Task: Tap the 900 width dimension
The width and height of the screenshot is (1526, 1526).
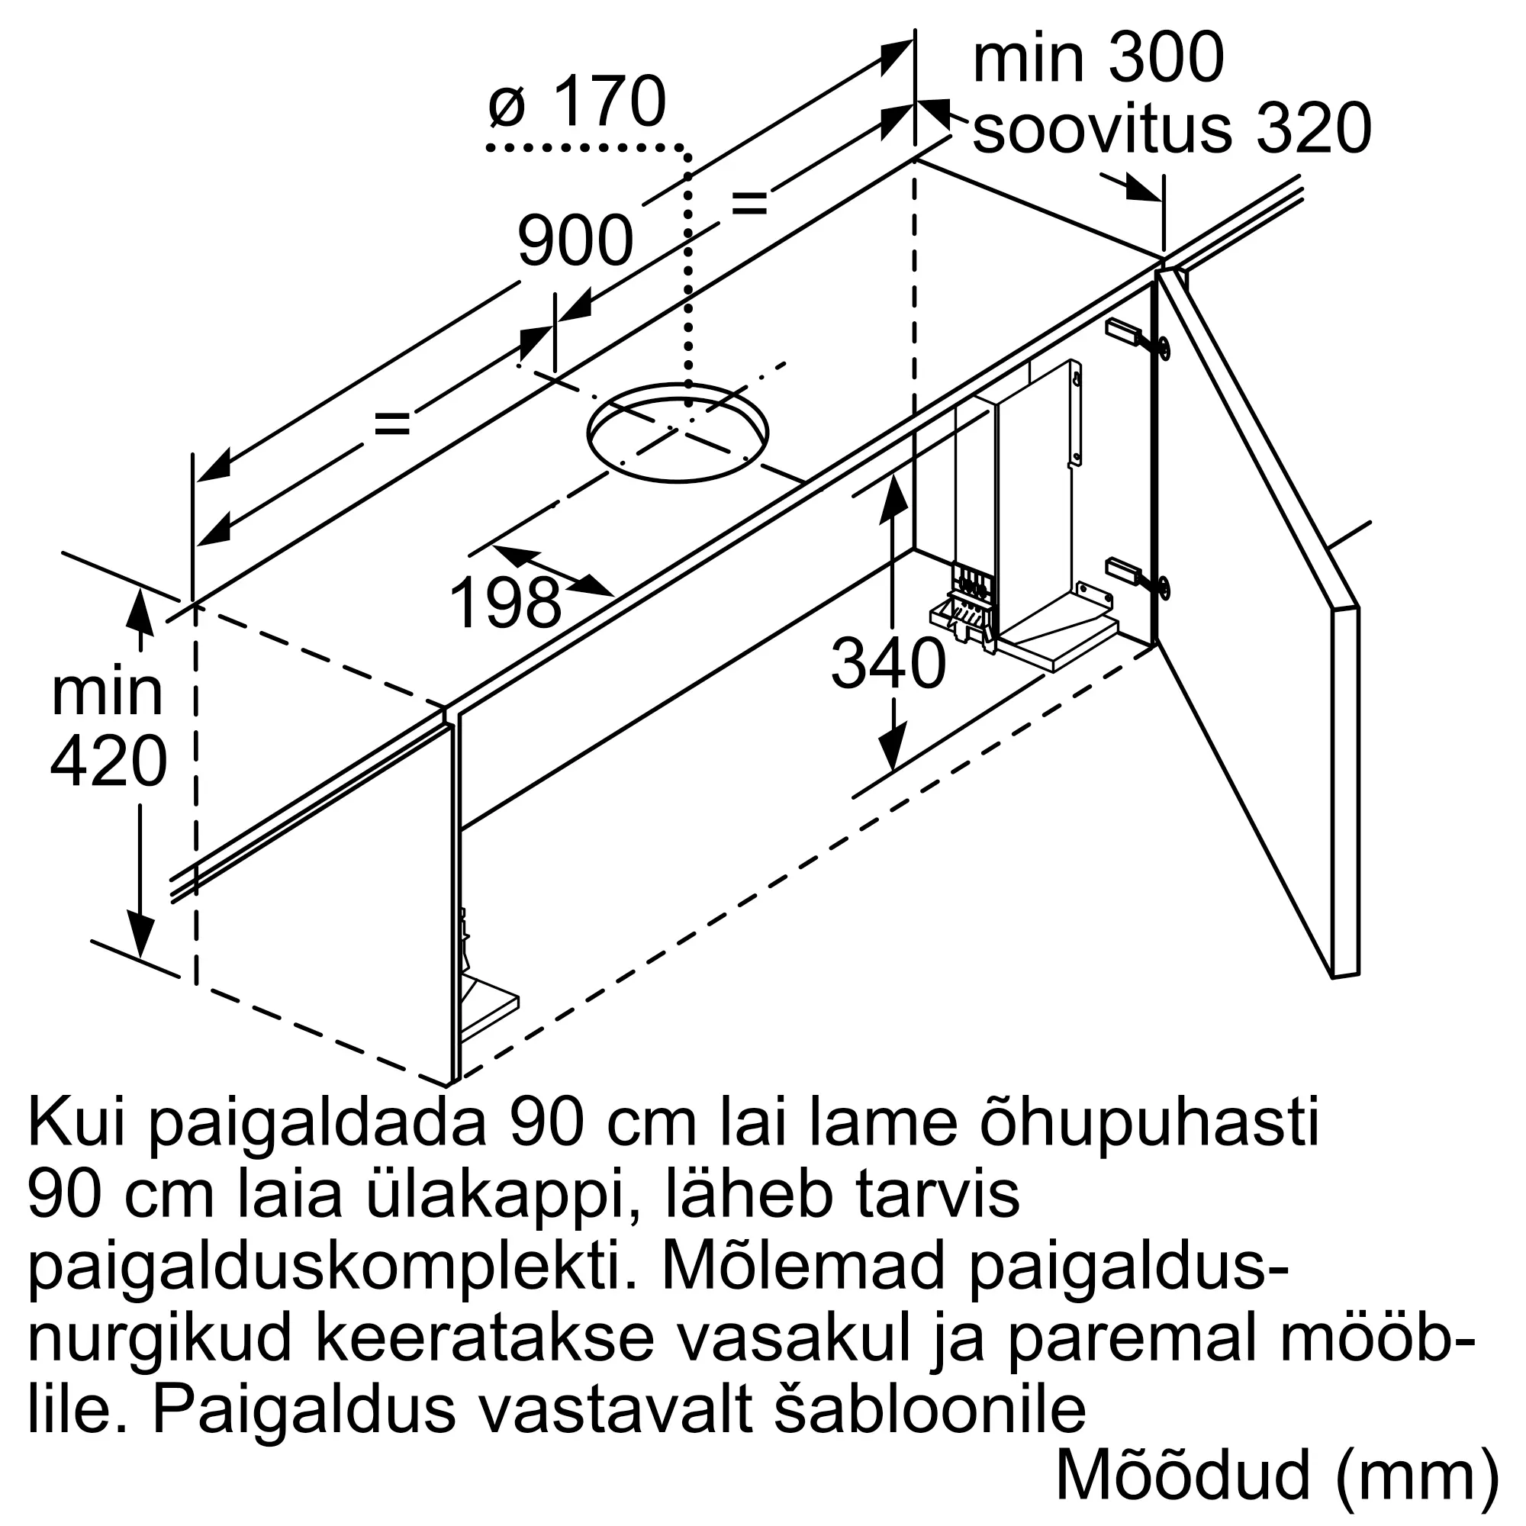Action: tap(575, 240)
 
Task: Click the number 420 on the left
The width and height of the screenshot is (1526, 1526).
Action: tap(108, 761)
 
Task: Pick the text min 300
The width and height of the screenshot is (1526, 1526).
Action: tap(1098, 59)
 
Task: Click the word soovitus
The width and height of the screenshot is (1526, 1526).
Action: tap(1102, 130)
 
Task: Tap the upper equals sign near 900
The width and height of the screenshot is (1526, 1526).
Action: tap(749, 202)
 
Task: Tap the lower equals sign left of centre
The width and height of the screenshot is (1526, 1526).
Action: tap(391, 424)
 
